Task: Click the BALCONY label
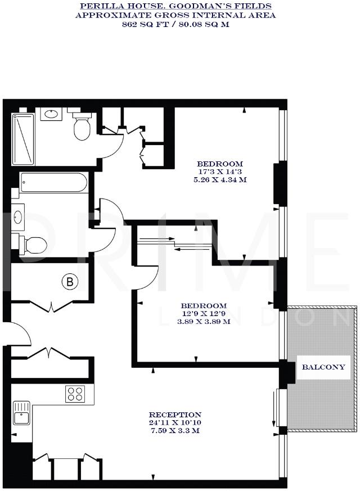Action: pos(323,367)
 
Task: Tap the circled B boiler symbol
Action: pos(70,282)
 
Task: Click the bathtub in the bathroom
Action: pos(53,182)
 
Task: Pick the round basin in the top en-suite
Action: pos(52,114)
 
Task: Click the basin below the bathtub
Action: pos(17,217)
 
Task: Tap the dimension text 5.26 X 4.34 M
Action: pos(220,181)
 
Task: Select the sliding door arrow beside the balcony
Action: pos(274,416)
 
